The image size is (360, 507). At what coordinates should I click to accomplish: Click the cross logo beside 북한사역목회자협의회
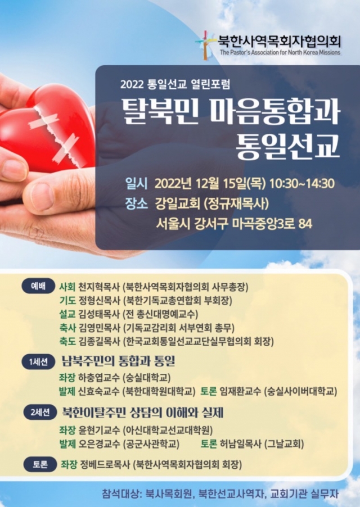[205, 46]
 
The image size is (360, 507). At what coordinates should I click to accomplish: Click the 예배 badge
[38, 286]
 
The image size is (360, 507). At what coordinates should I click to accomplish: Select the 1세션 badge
[38, 362]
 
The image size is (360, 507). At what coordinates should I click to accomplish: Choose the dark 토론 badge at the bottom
[40, 464]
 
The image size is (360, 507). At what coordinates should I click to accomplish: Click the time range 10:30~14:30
[301, 184]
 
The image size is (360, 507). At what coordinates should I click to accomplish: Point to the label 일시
[136, 184]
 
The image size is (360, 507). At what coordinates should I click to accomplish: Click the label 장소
[136, 203]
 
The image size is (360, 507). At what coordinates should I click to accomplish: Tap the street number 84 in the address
[305, 224]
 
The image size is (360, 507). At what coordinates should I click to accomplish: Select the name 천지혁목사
[100, 287]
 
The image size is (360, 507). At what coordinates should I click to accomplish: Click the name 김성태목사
[100, 314]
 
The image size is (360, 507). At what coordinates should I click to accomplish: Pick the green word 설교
[67, 314]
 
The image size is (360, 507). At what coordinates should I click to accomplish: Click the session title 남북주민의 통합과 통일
[118, 361]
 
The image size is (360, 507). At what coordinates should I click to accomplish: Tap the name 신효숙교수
[100, 391]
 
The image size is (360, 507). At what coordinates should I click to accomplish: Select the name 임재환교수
[240, 391]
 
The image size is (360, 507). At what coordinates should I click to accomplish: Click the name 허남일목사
[240, 444]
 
